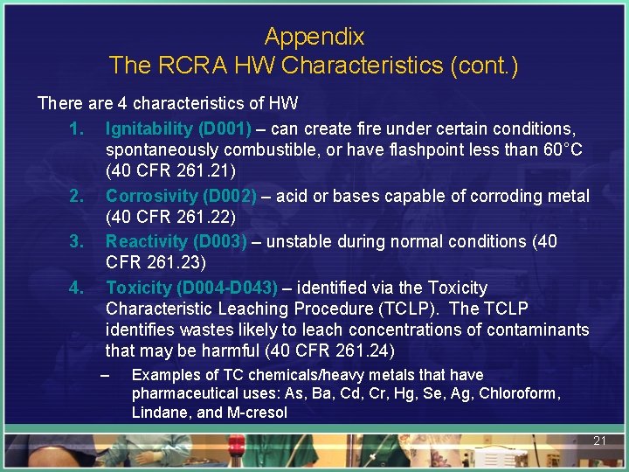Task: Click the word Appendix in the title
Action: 314,38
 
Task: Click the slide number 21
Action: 599,441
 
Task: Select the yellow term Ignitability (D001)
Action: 178,128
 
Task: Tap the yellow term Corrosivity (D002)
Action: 181,196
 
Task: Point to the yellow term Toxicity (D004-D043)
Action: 191,288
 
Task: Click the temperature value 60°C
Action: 558,149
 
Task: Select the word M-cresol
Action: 256,413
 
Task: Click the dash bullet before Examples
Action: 105,375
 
